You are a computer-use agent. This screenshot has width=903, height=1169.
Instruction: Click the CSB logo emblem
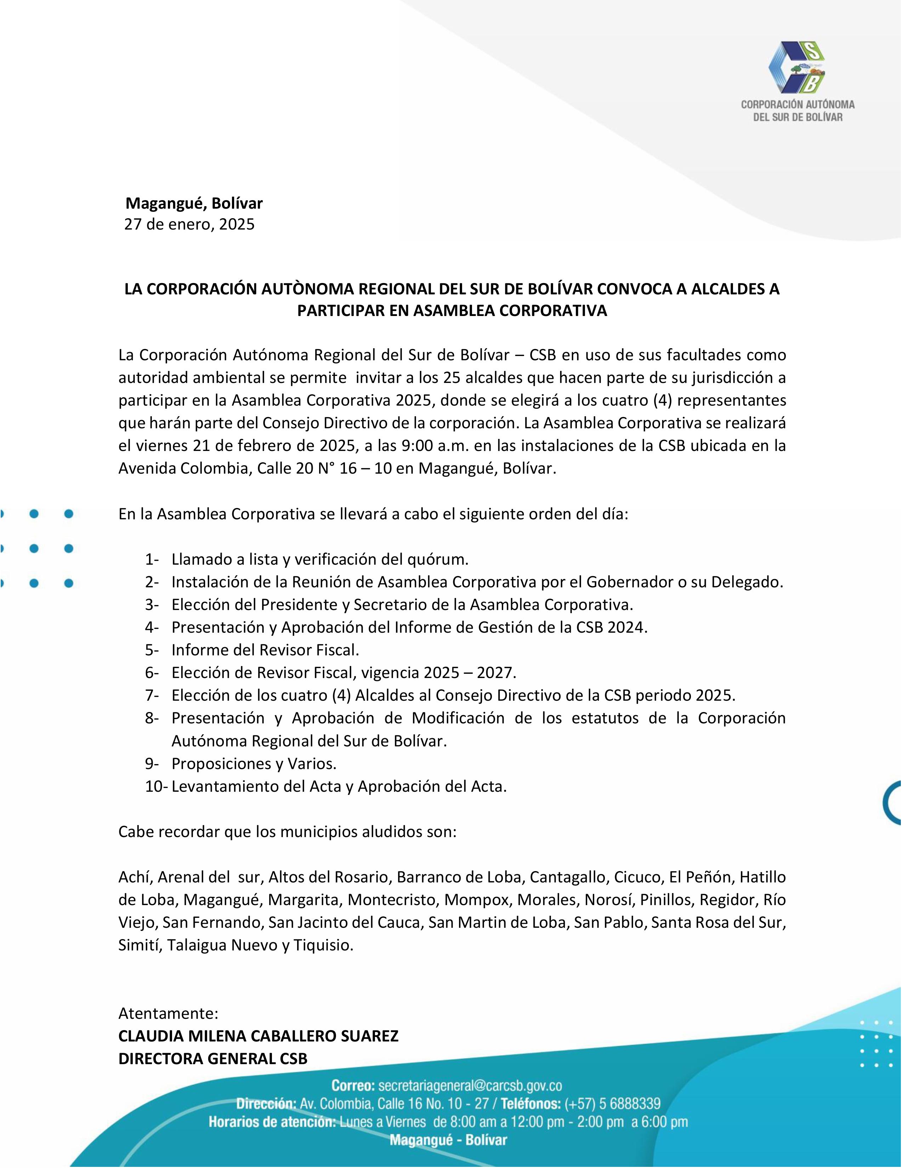(x=797, y=67)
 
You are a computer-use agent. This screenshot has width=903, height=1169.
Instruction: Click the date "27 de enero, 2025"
(x=189, y=224)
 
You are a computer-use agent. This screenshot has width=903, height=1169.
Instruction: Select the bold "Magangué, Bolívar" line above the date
(x=194, y=203)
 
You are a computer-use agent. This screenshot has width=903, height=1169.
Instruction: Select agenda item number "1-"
(x=152, y=559)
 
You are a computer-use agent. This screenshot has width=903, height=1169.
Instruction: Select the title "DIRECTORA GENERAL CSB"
(x=213, y=1059)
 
